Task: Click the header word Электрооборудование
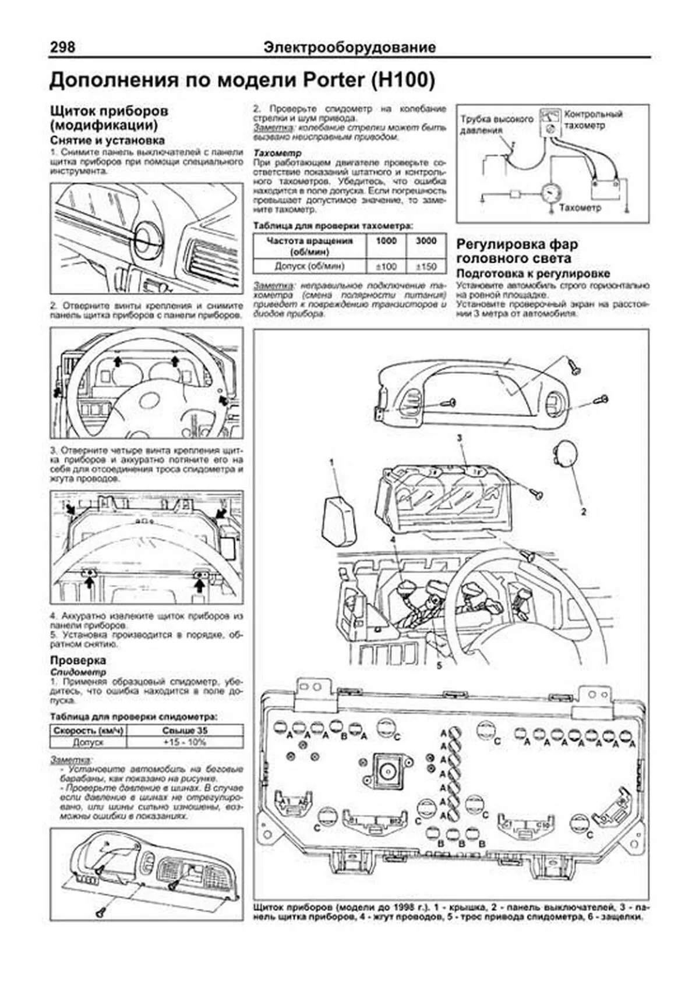tap(349, 47)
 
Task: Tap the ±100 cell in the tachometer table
tap(385, 267)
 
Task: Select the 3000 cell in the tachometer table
tap(426, 241)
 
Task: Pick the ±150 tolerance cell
tap(426, 267)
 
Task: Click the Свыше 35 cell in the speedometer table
tap(185, 730)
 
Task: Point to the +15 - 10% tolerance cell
tap(185, 742)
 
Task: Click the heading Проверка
tap(78, 660)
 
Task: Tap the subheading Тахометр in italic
tap(277, 153)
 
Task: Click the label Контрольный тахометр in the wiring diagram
tap(593, 119)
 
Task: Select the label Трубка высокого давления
tap(496, 124)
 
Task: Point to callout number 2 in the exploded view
tap(583, 512)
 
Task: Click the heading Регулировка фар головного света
tap(517, 251)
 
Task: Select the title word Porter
tap(331, 80)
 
